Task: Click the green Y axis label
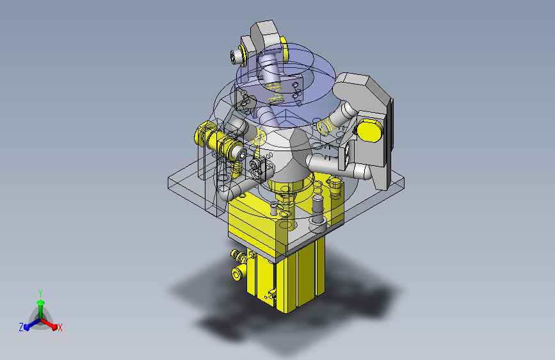[x=40, y=293]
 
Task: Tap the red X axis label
[x=60, y=328]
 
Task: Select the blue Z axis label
[x=21, y=327]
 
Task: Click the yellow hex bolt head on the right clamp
[x=369, y=131]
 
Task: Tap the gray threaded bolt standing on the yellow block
[x=318, y=209]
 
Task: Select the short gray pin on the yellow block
[x=273, y=208]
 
